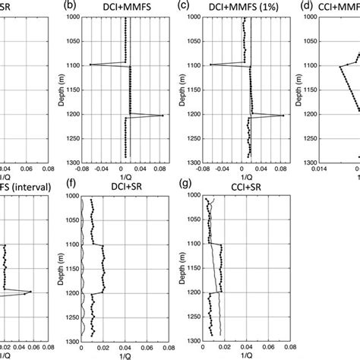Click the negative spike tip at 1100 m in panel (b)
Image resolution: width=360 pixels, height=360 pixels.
90,65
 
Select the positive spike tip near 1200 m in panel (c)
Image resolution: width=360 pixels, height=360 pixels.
283,115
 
